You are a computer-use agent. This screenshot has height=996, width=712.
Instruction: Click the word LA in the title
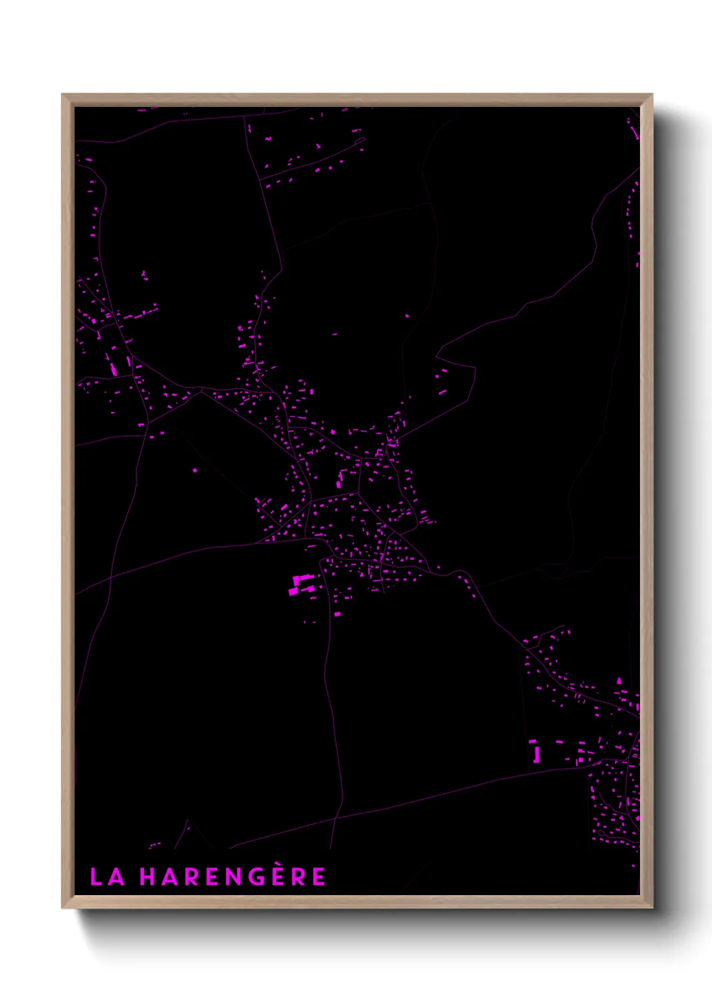(107, 877)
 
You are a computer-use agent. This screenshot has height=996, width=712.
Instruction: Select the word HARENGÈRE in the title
(233, 876)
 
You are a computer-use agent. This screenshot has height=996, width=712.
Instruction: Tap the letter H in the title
(147, 877)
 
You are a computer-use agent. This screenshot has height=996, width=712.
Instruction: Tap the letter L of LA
(96, 877)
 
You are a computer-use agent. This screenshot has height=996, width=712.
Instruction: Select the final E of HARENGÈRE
(319, 877)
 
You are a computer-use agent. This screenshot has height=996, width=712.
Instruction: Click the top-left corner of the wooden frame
(63, 96)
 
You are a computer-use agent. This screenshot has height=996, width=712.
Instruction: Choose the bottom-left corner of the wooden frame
(63, 906)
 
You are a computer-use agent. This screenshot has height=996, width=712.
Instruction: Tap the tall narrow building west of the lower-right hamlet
(536, 754)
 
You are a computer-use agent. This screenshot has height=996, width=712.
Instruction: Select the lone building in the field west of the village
(195, 470)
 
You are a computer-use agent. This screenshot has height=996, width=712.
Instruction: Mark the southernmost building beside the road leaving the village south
(337, 614)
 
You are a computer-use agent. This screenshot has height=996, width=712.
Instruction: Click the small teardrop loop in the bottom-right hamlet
(601, 833)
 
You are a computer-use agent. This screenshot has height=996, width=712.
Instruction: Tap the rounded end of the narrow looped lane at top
(363, 140)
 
